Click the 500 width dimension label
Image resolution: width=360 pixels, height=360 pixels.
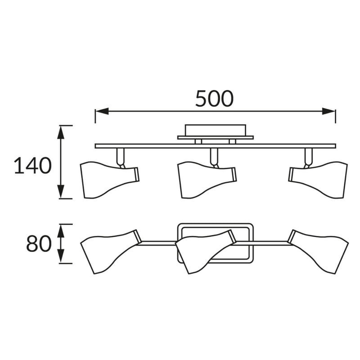click(215, 99)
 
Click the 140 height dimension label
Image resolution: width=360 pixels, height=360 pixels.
click(33, 166)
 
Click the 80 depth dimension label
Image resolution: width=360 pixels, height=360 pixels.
click(39, 243)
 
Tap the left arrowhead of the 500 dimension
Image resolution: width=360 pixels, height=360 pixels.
click(102, 111)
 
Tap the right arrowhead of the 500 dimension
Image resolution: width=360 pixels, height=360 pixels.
click(328, 111)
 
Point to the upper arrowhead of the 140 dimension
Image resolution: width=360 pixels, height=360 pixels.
click(61, 132)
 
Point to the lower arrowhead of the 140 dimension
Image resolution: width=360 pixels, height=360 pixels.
click(61, 192)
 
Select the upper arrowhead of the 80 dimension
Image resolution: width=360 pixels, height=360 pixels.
click(61, 231)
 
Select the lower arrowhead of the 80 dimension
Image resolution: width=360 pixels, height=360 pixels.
click(61, 256)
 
